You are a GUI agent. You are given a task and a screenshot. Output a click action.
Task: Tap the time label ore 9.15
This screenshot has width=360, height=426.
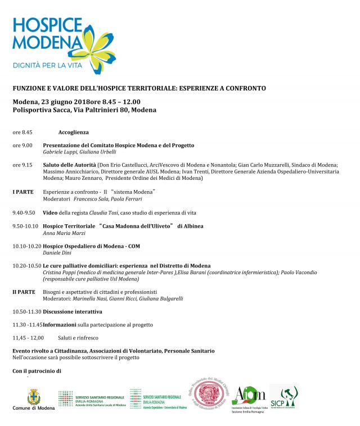(22, 165)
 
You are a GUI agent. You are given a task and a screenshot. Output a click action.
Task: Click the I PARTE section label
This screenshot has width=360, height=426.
(23, 192)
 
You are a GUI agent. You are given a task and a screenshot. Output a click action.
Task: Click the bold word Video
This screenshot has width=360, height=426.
(51, 213)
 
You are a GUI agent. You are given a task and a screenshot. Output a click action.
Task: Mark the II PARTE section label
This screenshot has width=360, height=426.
(24, 292)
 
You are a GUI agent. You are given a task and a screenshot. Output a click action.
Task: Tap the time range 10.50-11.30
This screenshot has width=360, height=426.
(26, 311)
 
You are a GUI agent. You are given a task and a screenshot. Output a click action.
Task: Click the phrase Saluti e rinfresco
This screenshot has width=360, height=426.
(78, 338)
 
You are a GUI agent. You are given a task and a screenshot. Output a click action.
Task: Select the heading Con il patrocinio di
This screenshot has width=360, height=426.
(37, 371)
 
